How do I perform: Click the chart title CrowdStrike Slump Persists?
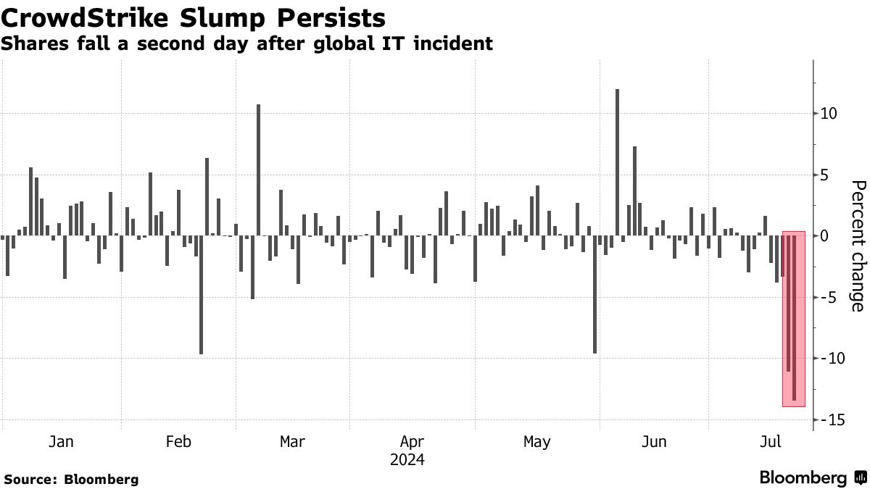pos(193,17)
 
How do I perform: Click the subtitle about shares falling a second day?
pos(246,44)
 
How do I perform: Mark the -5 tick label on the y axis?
pos(831,298)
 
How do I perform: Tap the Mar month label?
pos(292,442)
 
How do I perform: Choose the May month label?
pos(536,442)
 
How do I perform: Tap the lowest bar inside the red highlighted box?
pos(795,319)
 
